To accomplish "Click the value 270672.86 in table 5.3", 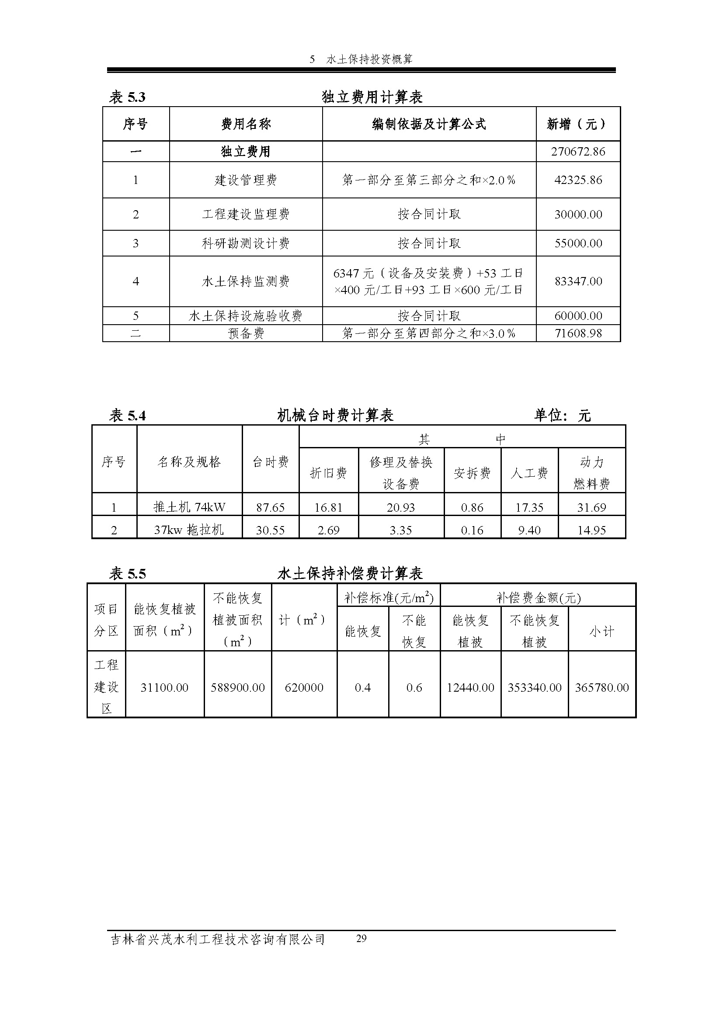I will (578, 152).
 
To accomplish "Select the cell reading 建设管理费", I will (246, 180).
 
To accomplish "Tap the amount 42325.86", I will (578, 180).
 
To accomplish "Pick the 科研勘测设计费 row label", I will (246, 243).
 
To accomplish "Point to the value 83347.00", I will (578, 281).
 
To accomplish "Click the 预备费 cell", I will (246, 333).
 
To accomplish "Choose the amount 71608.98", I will (578, 333).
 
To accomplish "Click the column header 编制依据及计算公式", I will (429, 124).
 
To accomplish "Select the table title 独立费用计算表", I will (372, 97).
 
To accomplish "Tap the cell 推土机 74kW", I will (189, 507).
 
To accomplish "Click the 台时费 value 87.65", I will (270, 507).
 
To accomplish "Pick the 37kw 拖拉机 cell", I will (189, 530).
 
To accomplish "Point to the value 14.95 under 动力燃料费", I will (591, 530).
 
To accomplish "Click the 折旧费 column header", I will (328, 473).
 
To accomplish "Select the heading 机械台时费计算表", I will (335, 416).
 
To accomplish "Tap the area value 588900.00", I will (238, 688).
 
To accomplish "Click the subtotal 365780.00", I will (601, 688).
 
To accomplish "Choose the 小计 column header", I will (601, 632).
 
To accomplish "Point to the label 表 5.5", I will (127, 574).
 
